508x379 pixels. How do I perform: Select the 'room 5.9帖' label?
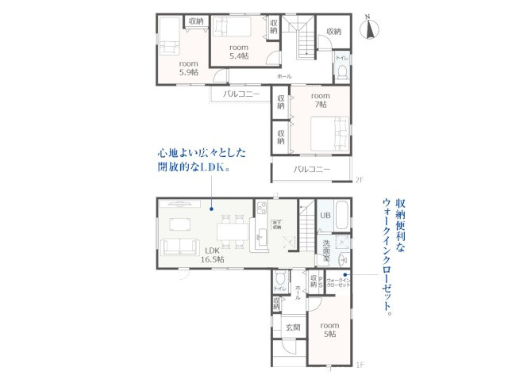pyautogui.click(x=187, y=67)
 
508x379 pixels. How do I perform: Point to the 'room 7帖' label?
pyautogui.click(x=320, y=99)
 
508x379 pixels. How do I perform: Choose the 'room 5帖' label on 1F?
pyautogui.click(x=329, y=329)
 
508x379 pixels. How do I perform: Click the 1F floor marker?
pyautogui.click(x=360, y=366)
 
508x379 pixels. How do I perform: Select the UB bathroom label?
pyautogui.click(x=325, y=215)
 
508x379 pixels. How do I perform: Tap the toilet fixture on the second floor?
pyautogui.click(x=341, y=71)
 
